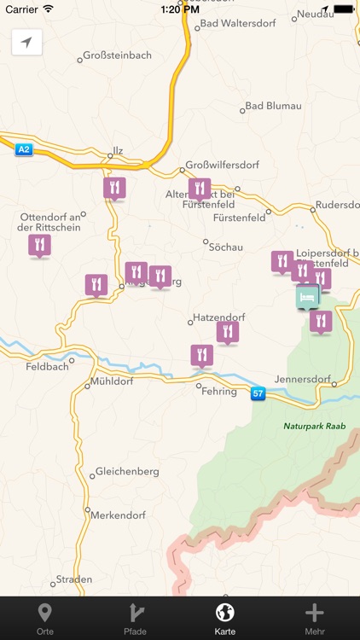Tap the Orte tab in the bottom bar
pyautogui.click(x=45, y=618)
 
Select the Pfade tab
pyautogui.click(x=135, y=618)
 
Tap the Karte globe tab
pyautogui.click(x=225, y=618)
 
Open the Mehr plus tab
pyautogui.click(x=315, y=618)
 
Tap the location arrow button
pyautogui.click(x=26, y=43)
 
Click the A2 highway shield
pyautogui.click(x=23, y=149)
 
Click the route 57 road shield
pyautogui.click(x=258, y=393)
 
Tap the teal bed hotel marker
pyautogui.click(x=307, y=296)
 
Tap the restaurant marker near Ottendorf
pyautogui.click(x=39, y=245)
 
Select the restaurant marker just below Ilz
pyautogui.click(x=114, y=187)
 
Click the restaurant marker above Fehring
pyautogui.click(x=201, y=354)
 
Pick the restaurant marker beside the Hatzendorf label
pyautogui.click(x=227, y=331)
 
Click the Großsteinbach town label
pyautogui.click(x=117, y=55)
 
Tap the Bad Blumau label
pyautogui.click(x=272, y=106)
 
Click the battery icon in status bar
pyautogui.click(x=343, y=9)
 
